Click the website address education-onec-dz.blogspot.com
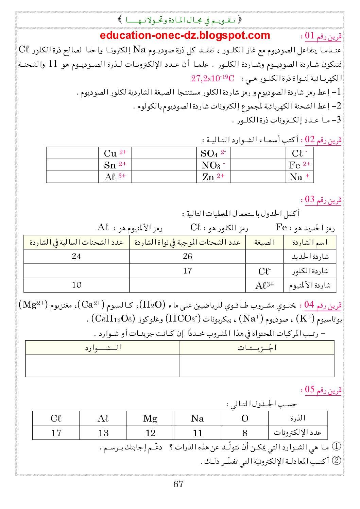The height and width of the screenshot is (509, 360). pos(185,35)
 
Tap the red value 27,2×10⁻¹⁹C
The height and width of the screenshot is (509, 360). pos(213,79)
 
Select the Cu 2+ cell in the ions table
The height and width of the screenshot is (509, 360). pos(115,153)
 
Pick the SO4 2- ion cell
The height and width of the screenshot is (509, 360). pos(213,153)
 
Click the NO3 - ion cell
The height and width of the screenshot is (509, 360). pos(213,165)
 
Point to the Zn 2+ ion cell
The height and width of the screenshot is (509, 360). pos(213,177)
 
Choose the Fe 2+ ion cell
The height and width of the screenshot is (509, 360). pos(299,165)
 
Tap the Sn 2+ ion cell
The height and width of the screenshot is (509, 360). pos(115,165)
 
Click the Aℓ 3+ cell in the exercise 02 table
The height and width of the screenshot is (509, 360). pos(115,177)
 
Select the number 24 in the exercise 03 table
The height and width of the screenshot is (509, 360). pos(76,257)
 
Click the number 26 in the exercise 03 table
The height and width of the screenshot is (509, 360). pos(187,257)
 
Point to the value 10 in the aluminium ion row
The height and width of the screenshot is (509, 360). pos(76,285)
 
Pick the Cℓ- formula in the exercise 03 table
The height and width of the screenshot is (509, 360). pos(264,271)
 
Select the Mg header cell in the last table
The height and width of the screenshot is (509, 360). pos(150,418)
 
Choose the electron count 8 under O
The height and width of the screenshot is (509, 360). pos(245,433)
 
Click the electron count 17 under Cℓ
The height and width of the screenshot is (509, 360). pos(56,433)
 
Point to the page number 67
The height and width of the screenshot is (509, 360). pos(178,484)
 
